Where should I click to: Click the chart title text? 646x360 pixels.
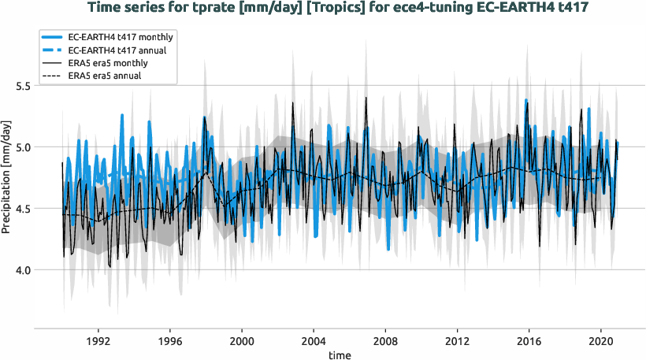pyautogui.click(x=339, y=9)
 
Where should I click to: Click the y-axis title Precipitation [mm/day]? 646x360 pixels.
pyautogui.click(x=6, y=177)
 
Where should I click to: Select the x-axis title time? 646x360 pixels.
pyautogui.click(x=340, y=354)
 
